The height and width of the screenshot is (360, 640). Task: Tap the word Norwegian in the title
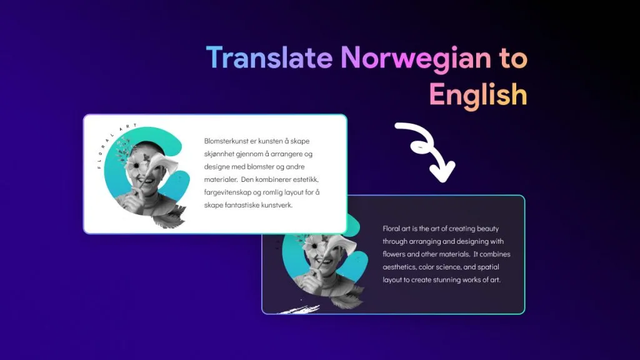[x=416, y=59]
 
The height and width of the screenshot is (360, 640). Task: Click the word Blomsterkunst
[x=226, y=141]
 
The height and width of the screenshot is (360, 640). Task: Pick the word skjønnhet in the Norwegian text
[x=219, y=154]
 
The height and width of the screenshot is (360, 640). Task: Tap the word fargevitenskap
[x=227, y=192]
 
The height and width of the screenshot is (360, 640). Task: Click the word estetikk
[x=306, y=179]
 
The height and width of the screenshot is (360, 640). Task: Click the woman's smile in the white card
[x=146, y=180]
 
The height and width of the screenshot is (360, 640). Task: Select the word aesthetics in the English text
[x=399, y=267]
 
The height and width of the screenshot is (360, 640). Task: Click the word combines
[x=495, y=254]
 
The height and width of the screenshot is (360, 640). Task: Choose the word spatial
[x=488, y=267]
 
